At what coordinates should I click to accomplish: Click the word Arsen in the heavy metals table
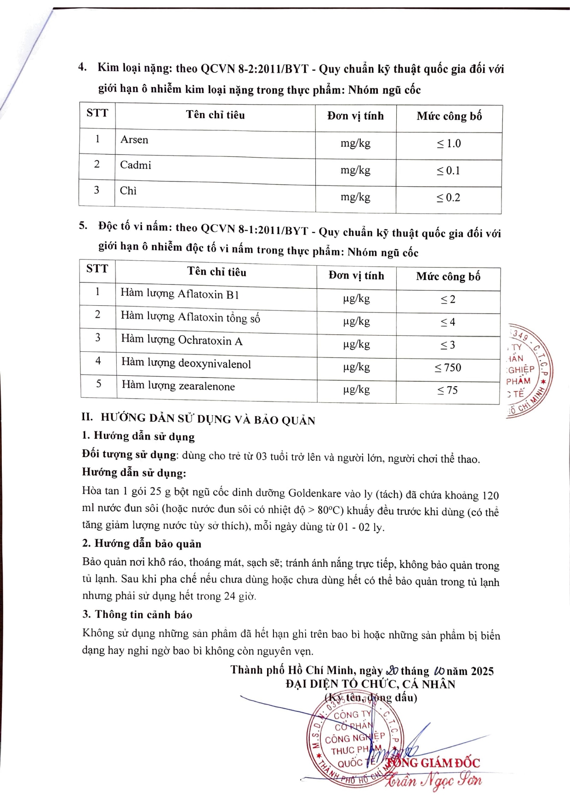coord(134,140)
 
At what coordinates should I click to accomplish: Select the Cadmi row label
coord(135,165)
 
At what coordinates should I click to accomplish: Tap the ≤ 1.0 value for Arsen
coord(449,144)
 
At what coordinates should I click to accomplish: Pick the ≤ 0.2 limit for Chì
coord(448,198)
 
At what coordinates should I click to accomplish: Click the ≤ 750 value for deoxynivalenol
coord(448,368)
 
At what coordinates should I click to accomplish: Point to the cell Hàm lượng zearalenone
coord(178,386)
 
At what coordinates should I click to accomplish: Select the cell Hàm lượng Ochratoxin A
coord(182,340)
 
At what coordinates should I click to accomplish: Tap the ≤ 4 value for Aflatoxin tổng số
coord(448,322)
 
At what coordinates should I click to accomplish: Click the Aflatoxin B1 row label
coord(180,294)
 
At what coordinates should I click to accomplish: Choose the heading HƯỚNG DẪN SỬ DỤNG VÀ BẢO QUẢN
coord(208,419)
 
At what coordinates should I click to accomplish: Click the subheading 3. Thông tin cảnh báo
coord(137,615)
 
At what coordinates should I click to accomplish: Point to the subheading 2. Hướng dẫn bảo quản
coord(142,544)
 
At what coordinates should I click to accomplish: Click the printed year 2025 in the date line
coord(482,671)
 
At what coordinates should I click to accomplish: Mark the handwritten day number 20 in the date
coord(392,670)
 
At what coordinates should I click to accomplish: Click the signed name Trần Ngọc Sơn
coord(434,780)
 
